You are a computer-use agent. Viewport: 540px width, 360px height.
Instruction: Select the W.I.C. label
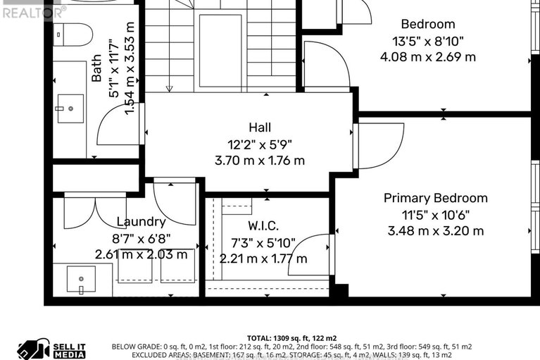[263, 226]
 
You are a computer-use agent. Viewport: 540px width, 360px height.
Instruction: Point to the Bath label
[97, 70]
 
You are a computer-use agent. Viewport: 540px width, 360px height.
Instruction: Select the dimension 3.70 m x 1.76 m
[260, 160]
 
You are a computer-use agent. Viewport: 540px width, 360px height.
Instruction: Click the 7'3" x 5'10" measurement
[263, 242]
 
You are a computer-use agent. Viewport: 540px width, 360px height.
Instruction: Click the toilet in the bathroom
[73, 34]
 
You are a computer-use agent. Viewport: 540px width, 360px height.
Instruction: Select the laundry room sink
[81, 279]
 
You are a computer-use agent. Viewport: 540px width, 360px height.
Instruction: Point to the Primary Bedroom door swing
[382, 144]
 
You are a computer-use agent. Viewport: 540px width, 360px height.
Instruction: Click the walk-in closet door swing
[310, 255]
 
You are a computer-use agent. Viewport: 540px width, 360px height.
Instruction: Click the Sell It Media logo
[51, 349]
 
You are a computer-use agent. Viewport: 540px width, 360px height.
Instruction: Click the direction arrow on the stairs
[169, 88]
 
